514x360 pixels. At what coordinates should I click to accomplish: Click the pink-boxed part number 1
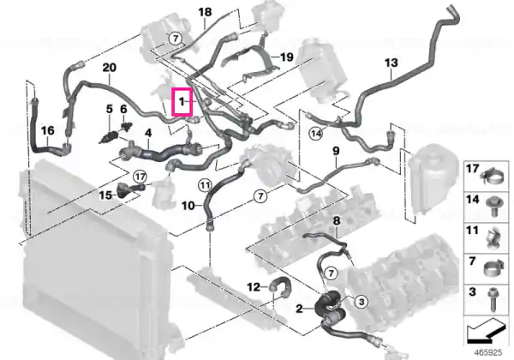pyautogui.click(x=182, y=102)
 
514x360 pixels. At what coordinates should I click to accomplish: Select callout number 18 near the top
pyautogui.click(x=206, y=12)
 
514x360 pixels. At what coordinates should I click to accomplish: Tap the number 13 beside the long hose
pyautogui.click(x=391, y=63)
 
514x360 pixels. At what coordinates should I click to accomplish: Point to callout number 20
pyautogui.click(x=110, y=68)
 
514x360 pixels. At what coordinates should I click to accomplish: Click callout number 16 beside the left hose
pyautogui.click(x=47, y=130)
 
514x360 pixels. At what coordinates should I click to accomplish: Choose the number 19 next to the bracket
pyautogui.click(x=287, y=57)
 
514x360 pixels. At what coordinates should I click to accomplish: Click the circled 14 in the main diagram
pyautogui.click(x=316, y=134)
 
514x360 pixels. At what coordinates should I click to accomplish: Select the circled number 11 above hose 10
pyautogui.click(x=205, y=186)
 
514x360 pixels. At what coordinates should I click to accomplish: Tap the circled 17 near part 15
pyautogui.click(x=140, y=177)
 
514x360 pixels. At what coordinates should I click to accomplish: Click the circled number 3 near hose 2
pyautogui.click(x=362, y=302)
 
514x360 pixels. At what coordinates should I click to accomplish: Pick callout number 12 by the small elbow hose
pyautogui.click(x=253, y=287)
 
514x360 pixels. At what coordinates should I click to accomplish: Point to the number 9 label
pyautogui.click(x=336, y=151)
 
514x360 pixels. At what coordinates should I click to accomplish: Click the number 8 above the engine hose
pyautogui.click(x=337, y=221)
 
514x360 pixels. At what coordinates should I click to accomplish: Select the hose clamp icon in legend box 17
pyautogui.click(x=492, y=178)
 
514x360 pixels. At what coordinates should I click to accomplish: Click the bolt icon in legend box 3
pyautogui.click(x=492, y=299)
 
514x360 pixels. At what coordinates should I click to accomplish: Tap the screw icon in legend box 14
pyautogui.click(x=492, y=207)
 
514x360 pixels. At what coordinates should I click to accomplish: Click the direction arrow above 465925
pyautogui.click(x=485, y=332)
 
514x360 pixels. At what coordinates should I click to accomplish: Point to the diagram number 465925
pyautogui.click(x=489, y=353)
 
